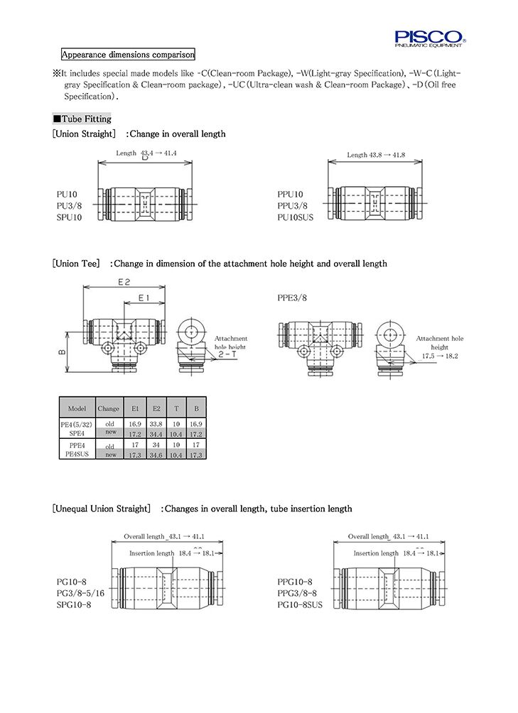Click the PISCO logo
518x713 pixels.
(x=430, y=36)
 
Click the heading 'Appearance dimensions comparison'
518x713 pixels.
(x=127, y=55)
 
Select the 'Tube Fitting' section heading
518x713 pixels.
(x=82, y=119)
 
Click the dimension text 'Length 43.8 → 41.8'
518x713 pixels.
(x=376, y=154)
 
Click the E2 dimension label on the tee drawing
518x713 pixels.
(x=124, y=282)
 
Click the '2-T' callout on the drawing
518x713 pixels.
(x=228, y=353)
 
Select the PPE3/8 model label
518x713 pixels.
(x=293, y=298)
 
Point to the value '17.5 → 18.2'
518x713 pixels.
(x=440, y=356)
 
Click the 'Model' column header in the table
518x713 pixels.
(x=77, y=409)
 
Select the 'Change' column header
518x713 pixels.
(x=109, y=409)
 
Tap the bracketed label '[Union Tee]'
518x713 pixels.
(x=76, y=263)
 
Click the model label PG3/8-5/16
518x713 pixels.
(x=80, y=593)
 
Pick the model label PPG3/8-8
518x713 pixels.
(x=297, y=593)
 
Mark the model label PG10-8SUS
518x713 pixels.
(x=300, y=604)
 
